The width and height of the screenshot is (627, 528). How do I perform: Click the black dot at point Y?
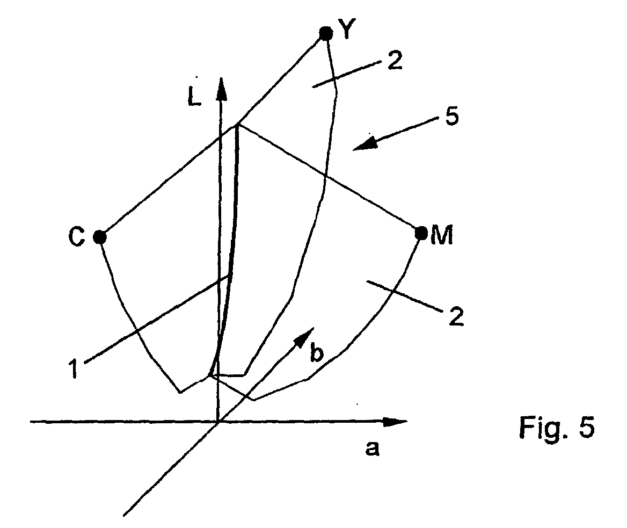pos(325,33)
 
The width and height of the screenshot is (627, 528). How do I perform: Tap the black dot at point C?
pos(99,236)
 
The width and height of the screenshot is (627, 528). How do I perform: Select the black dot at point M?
pos(421,233)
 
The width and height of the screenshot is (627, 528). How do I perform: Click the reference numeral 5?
pos(451,117)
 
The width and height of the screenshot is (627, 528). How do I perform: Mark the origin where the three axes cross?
pos(218,422)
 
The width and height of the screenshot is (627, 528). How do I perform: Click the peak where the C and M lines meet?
pos(237,125)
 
